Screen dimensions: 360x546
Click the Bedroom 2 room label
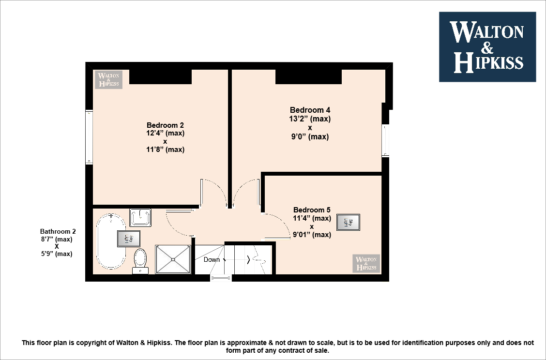coord(165,125)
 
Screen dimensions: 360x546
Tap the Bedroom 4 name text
coord(310,110)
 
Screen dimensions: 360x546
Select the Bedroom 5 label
coord(312,210)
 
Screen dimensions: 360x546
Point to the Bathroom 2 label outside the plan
coord(58,231)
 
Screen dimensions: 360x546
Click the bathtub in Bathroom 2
coord(111,241)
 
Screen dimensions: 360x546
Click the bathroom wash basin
coord(140,217)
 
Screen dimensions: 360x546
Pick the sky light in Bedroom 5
coord(348,222)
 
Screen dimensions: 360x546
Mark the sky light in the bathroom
coord(128,239)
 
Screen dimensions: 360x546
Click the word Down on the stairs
coord(212,259)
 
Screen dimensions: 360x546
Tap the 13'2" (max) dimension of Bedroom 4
coord(310,119)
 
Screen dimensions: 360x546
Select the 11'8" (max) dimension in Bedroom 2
coord(165,150)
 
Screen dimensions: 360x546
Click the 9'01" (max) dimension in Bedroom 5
coord(312,235)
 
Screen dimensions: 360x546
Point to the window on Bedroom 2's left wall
coord(89,137)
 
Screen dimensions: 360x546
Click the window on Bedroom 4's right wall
coord(385,140)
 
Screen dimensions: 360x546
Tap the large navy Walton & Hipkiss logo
coord(487,47)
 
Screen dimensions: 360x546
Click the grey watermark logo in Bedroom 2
coord(108,80)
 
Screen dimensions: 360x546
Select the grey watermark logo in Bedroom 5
coord(366,263)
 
